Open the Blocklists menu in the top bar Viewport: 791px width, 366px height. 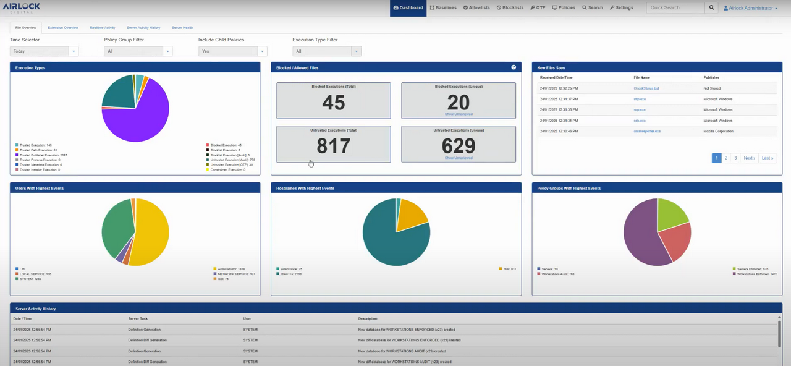(510, 8)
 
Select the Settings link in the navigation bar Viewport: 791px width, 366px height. (621, 8)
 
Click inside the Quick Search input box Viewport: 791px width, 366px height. (675, 8)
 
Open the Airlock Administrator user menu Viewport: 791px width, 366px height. (751, 8)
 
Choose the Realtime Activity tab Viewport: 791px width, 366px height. (102, 28)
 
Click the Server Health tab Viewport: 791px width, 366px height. (182, 28)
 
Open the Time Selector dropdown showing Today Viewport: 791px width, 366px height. (44, 51)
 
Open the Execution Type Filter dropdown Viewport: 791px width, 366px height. (326, 51)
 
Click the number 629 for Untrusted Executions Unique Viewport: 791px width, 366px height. (458, 146)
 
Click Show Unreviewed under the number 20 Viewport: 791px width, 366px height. (458, 114)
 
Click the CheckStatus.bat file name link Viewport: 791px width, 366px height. (646, 88)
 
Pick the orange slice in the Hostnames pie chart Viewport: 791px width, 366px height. (411, 216)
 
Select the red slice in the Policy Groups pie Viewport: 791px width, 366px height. (675, 242)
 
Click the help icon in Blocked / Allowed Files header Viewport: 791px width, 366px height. (514, 67)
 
